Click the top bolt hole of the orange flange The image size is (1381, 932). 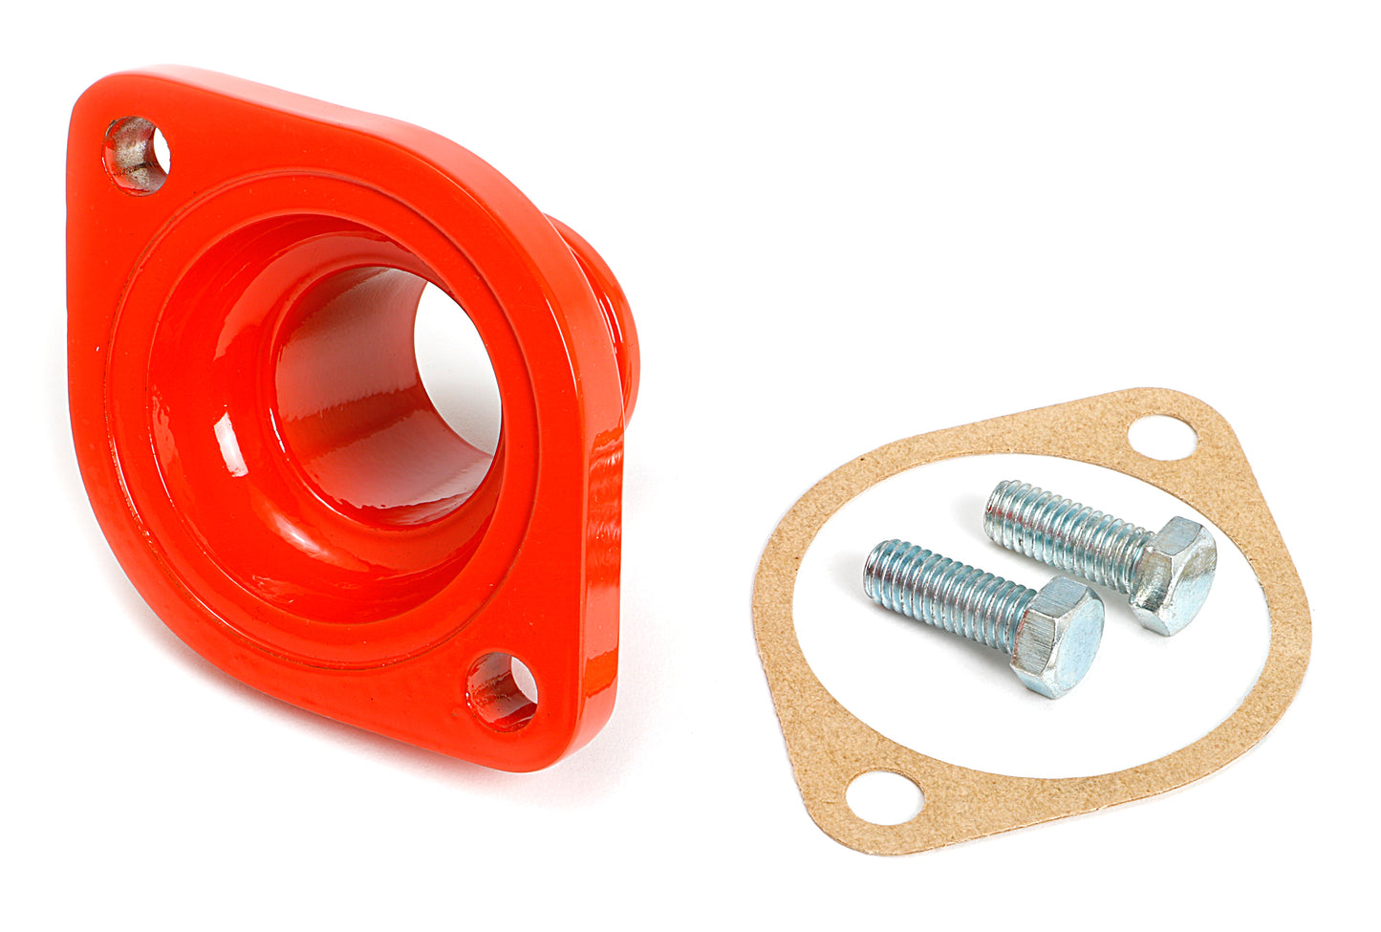coord(137,155)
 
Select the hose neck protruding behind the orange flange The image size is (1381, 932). coord(612,315)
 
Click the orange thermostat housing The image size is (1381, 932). coord(287,287)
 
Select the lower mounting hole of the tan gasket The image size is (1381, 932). coord(884,797)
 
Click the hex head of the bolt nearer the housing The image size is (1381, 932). coord(1058,635)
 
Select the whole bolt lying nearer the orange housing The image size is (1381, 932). coord(984,612)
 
